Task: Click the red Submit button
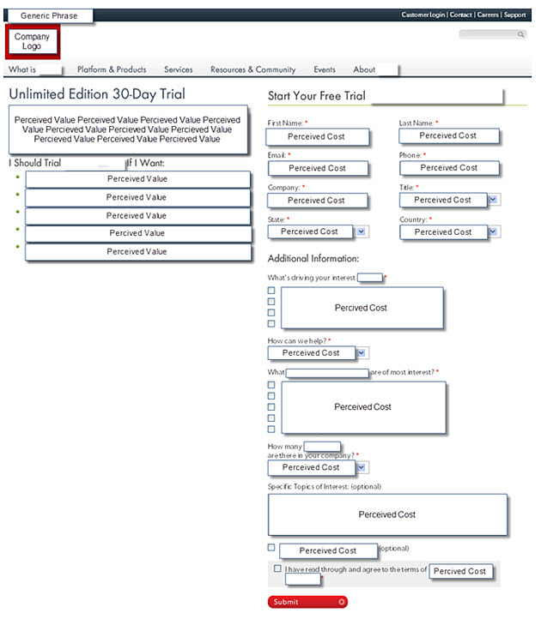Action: pyautogui.click(x=307, y=602)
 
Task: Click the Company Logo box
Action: pyautogui.click(x=33, y=41)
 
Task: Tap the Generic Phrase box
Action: pyautogui.click(x=49, y=15)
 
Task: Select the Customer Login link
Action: pyautogui.click(x=422, y=15)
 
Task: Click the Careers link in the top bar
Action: pyautogui.click(x=488, y=15)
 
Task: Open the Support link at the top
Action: pyautogui.click(x=515, y=15)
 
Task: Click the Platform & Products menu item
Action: pyautogui.click(x=112, y=69)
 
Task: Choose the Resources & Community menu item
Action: pyautogui.click(x=252, y=69)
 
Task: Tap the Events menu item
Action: pyautogui.click(x=325, y=69)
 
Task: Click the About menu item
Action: pyautogui.click(x=364, y=69)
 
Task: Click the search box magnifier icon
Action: pyautogui.click(x=520, y=35)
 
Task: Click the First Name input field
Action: pyautogui.click(x=318, y=136)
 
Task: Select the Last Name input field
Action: pyautogui.click(x=448, y=135)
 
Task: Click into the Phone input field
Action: pyautogui.click(x=449, y=168)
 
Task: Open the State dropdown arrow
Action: pyautogui.click(x=361, y=231)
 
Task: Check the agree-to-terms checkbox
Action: pyautogui.click(x=277, y=568)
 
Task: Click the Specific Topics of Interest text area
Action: pyautogui.click(x=386, y=514)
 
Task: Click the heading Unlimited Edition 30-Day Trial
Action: pyautogui.click(x=97, y=94)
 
